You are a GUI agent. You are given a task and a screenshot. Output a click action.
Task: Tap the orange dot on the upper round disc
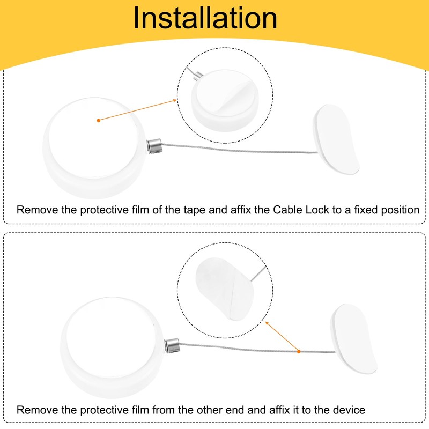click(98, 121)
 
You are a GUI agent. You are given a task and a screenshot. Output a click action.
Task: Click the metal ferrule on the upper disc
click(153, 145)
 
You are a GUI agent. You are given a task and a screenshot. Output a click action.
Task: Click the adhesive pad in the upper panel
click(337, 139)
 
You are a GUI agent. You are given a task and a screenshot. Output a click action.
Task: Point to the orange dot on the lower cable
click(299, 351)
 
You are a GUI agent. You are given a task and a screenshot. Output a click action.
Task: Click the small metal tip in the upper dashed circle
click(199, 76)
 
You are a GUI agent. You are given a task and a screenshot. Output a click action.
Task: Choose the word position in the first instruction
click(400, 210)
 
